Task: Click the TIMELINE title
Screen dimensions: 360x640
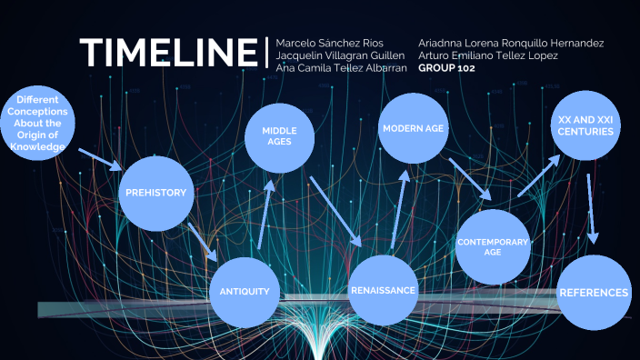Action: point(168,53)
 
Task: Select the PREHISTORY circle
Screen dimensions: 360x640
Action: point(156,193)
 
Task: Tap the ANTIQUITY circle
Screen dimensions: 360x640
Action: point(245,291)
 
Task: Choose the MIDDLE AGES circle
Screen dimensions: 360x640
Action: point(281,137)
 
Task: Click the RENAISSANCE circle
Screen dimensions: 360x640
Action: point(383,290)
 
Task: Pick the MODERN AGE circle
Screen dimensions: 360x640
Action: point(413,129)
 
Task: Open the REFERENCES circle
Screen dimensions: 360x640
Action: point(594,293)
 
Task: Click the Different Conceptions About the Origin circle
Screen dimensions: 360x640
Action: point(33,123)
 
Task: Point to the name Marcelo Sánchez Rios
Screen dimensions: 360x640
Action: point(331,43)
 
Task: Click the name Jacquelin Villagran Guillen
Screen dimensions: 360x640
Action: point(341,55)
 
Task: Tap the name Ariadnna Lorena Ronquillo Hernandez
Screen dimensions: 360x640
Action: point(511,43)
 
